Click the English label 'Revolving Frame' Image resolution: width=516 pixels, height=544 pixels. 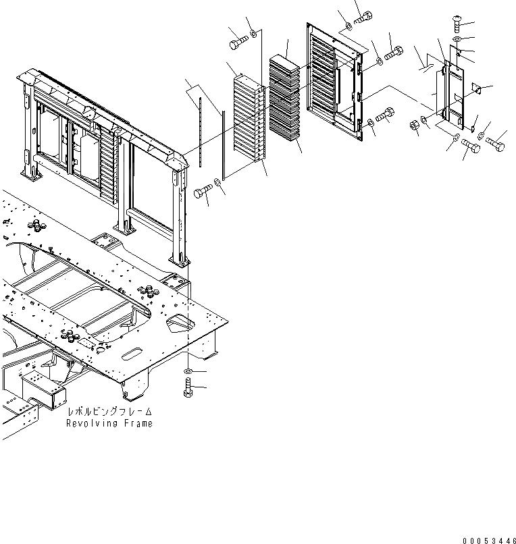(109, 423)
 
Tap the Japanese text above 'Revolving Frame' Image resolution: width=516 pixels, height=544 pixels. (109, 412)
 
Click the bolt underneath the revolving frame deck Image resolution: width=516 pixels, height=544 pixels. (187, 389)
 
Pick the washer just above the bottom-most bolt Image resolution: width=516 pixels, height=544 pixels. (187, 372)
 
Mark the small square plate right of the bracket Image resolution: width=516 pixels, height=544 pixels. (475, 88)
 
